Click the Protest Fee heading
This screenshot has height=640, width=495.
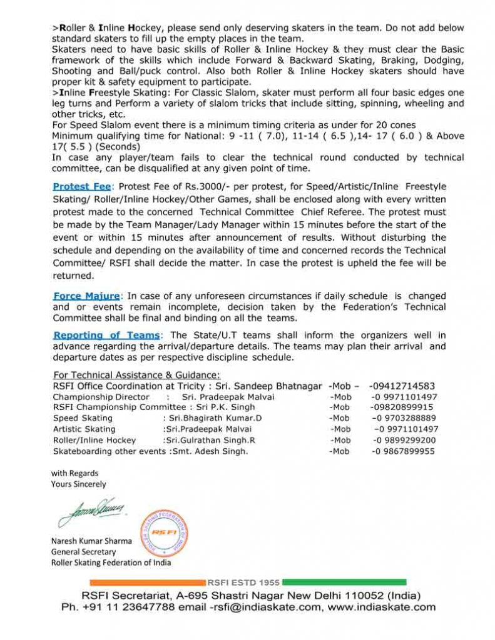(x=81, y=186)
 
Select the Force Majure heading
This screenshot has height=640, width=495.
(x=86, y=296)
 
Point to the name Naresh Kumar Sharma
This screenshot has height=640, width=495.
(x=91, y=541)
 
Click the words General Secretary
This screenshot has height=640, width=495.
(x=83, y=551)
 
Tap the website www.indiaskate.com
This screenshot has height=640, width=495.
(x=381, y=607)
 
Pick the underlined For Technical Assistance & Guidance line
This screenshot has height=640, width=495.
(x=136, y=375)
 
